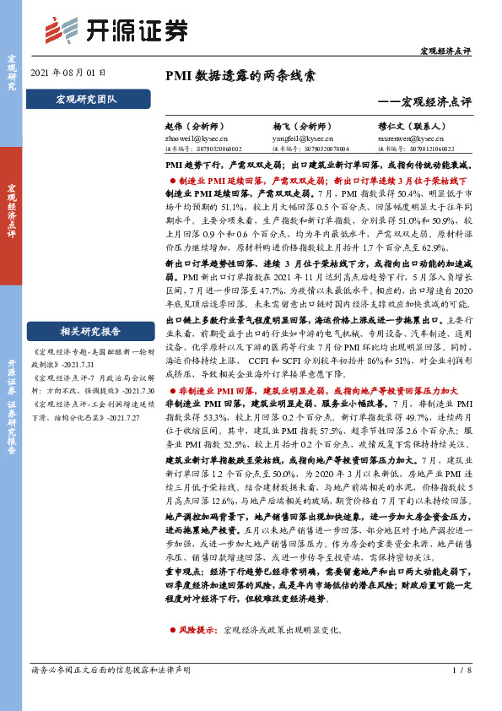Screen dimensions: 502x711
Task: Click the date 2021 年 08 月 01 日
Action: point(68,73)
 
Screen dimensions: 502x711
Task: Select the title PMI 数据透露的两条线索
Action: point(240,75)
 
